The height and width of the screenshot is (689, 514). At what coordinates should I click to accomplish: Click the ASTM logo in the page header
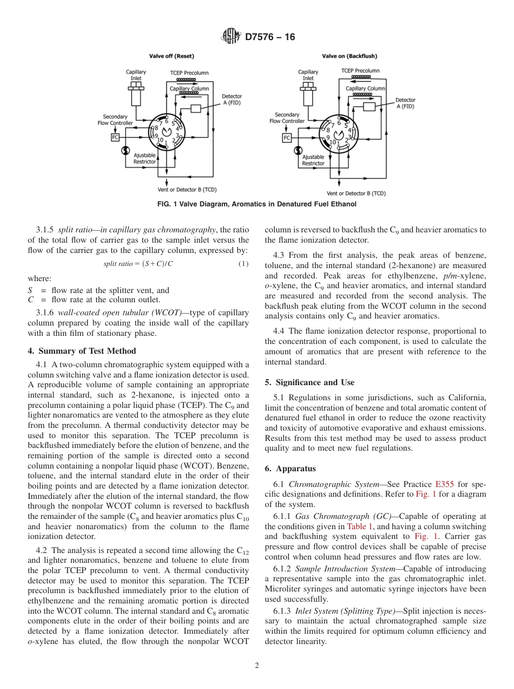coord(231,37)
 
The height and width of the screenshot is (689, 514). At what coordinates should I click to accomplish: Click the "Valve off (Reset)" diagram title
coord(172,56)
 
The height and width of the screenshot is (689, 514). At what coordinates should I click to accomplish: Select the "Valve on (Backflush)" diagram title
coord(350,56)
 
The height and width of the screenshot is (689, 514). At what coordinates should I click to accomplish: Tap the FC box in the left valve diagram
coord(115,138)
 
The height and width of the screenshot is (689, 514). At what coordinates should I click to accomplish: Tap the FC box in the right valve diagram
coord(287,138)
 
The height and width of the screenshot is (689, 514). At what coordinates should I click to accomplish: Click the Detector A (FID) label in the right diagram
coord(405,103)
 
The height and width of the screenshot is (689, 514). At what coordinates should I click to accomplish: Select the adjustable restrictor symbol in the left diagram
coord(126,150)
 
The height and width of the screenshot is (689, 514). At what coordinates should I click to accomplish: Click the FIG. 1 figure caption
coord(256,204)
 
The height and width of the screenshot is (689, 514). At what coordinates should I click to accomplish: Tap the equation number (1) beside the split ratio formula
coord(243,264)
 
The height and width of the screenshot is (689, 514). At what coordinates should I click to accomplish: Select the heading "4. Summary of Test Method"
coord(82,351)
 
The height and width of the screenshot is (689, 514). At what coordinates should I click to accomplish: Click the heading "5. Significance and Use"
coord(309,382)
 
